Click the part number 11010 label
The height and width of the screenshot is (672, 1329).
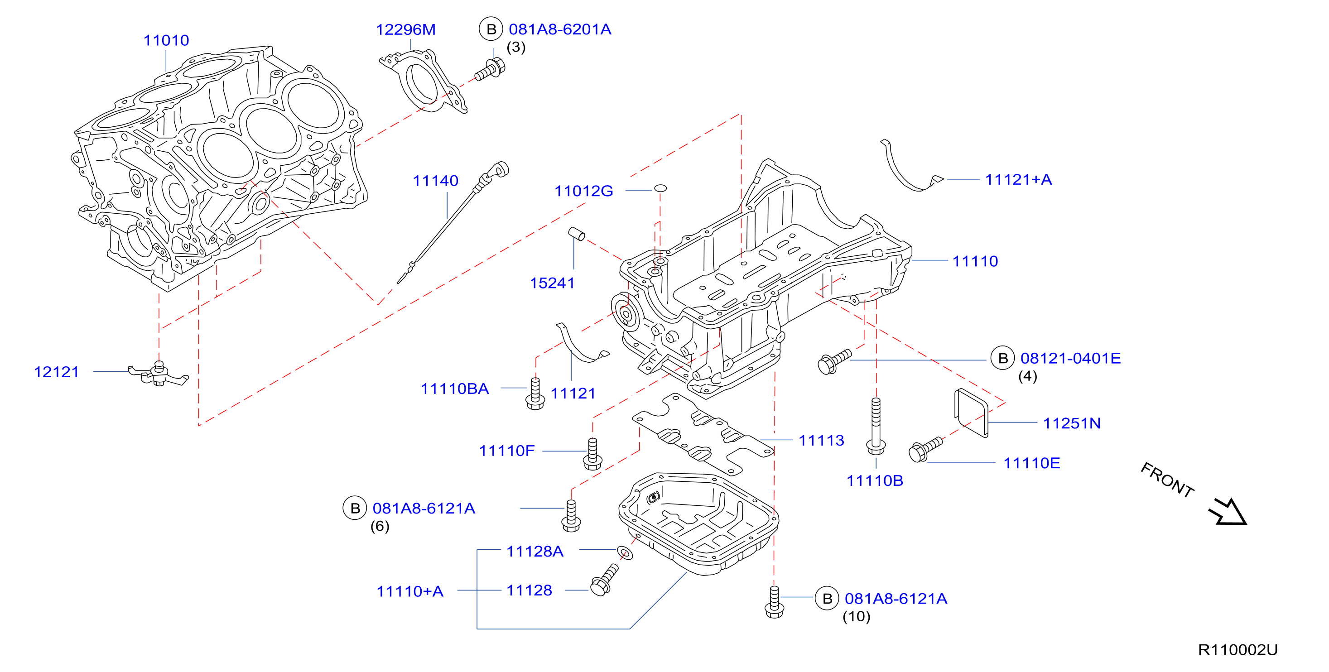[166, 40]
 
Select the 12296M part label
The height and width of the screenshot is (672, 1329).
[405, 29]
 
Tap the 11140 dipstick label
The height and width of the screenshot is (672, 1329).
[435, 181]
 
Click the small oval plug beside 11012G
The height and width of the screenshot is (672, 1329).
[660, 188]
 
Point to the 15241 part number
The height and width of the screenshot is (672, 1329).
[552, 283]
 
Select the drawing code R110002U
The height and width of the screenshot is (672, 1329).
[1238, 650]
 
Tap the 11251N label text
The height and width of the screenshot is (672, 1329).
[1072, 423]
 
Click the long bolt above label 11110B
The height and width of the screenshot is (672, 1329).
[876, 426]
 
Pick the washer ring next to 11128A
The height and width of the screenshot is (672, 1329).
[625, 553]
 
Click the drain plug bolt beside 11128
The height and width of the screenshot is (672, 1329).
[604, 580]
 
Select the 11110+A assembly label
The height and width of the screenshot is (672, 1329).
[410, 591]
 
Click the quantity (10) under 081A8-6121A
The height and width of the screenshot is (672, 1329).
[857, 616]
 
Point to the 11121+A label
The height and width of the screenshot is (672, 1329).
[1018, 179]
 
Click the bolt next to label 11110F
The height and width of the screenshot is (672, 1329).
[592, 454]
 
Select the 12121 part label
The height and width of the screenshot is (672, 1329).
[56, 372]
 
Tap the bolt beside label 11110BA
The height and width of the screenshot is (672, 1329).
[535, 394]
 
